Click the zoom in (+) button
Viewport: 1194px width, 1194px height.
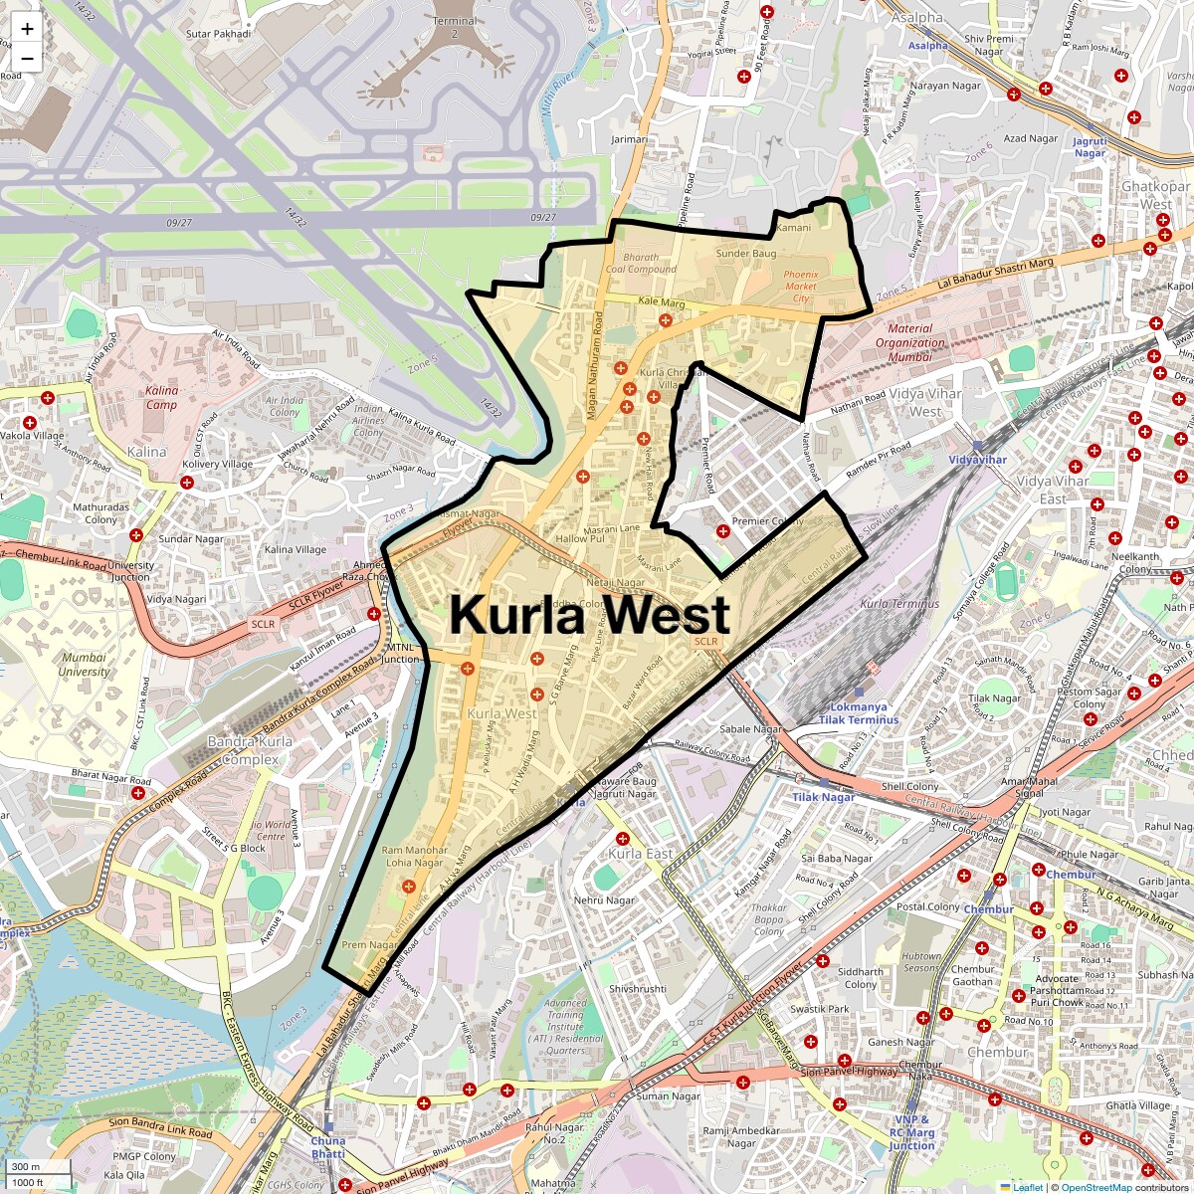27,29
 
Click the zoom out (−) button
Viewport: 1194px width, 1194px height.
27,59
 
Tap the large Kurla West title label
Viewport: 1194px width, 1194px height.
589,614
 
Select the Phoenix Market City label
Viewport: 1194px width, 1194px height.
800,286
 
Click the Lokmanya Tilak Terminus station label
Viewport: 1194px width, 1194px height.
858,713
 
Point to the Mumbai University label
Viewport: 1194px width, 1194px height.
85,664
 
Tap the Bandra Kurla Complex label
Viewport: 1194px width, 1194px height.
250,750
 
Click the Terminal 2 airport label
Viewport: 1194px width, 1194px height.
455,27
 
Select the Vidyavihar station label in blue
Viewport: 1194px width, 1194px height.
977,460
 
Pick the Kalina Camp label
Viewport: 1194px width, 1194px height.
161,398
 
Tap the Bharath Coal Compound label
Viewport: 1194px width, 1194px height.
641,263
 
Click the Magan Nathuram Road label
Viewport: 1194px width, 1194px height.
597,363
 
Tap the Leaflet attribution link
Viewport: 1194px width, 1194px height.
1027,1187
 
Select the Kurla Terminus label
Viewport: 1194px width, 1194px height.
899,604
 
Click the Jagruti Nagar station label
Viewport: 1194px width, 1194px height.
1090,147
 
